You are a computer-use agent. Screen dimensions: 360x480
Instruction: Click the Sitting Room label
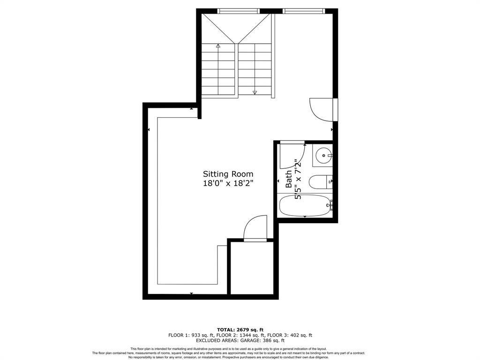228,173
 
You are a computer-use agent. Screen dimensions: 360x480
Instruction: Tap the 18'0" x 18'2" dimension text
228,184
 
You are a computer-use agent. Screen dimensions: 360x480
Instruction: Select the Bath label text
289,180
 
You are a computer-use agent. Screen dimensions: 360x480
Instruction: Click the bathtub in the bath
305,205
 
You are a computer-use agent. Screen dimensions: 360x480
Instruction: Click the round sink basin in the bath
322,154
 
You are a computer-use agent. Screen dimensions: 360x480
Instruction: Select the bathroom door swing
292,156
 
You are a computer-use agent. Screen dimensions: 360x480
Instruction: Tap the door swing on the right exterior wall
322,110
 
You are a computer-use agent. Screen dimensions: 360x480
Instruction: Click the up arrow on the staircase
218,46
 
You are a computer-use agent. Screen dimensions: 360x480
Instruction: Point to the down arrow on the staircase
255,92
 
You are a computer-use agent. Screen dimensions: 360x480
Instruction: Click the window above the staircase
239,11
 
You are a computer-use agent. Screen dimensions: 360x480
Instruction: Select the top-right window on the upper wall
304,11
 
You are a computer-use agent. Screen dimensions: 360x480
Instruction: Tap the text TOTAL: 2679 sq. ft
240,330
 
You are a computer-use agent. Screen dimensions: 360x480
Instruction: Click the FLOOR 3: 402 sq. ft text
290,335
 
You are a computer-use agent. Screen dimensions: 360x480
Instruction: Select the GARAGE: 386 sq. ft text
262,341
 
